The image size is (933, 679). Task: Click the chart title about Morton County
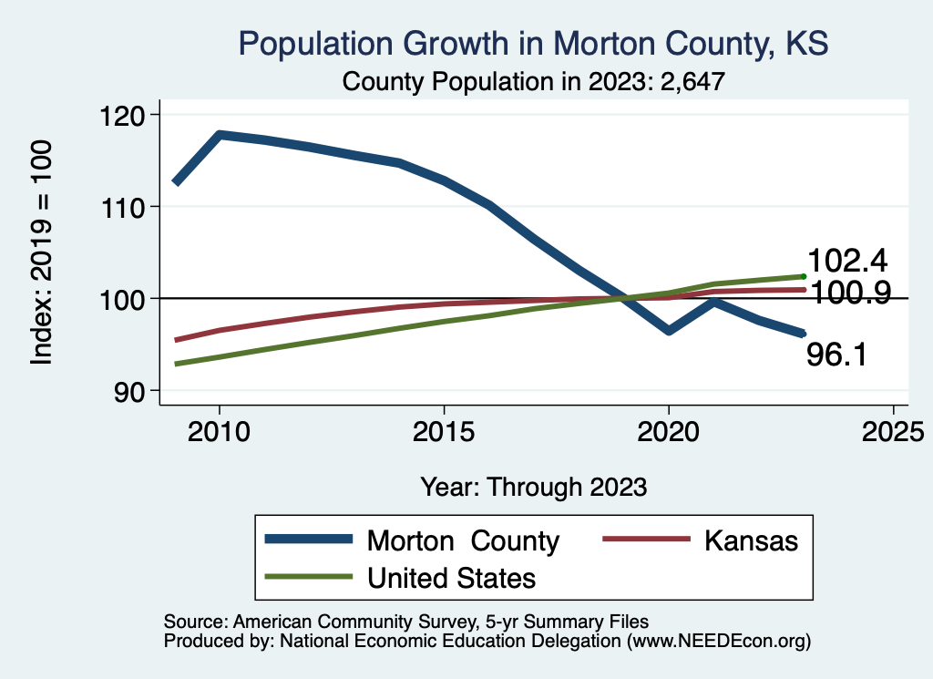533,44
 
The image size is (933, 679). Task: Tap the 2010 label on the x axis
219,431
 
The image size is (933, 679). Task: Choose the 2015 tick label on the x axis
444,431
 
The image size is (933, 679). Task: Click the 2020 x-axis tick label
669,431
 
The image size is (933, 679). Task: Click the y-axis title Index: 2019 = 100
42,252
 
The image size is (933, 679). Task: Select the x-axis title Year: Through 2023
533,487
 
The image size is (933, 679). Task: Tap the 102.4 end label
847,262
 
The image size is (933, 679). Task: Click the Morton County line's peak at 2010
219,135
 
